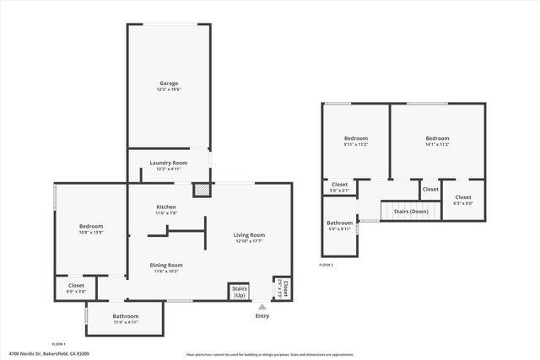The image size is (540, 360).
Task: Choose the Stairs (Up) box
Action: tap(239, 293)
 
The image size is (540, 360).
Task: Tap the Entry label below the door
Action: tap(262, 316)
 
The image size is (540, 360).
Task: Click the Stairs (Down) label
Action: tap(411, 211)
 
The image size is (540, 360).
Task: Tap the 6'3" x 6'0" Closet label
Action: tap(463, 200)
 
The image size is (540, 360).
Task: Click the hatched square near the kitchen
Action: tap(202, 191)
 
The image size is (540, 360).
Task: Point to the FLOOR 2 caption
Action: tap(327, 265)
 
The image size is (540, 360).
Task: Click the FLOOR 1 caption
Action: tap(59, 344)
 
